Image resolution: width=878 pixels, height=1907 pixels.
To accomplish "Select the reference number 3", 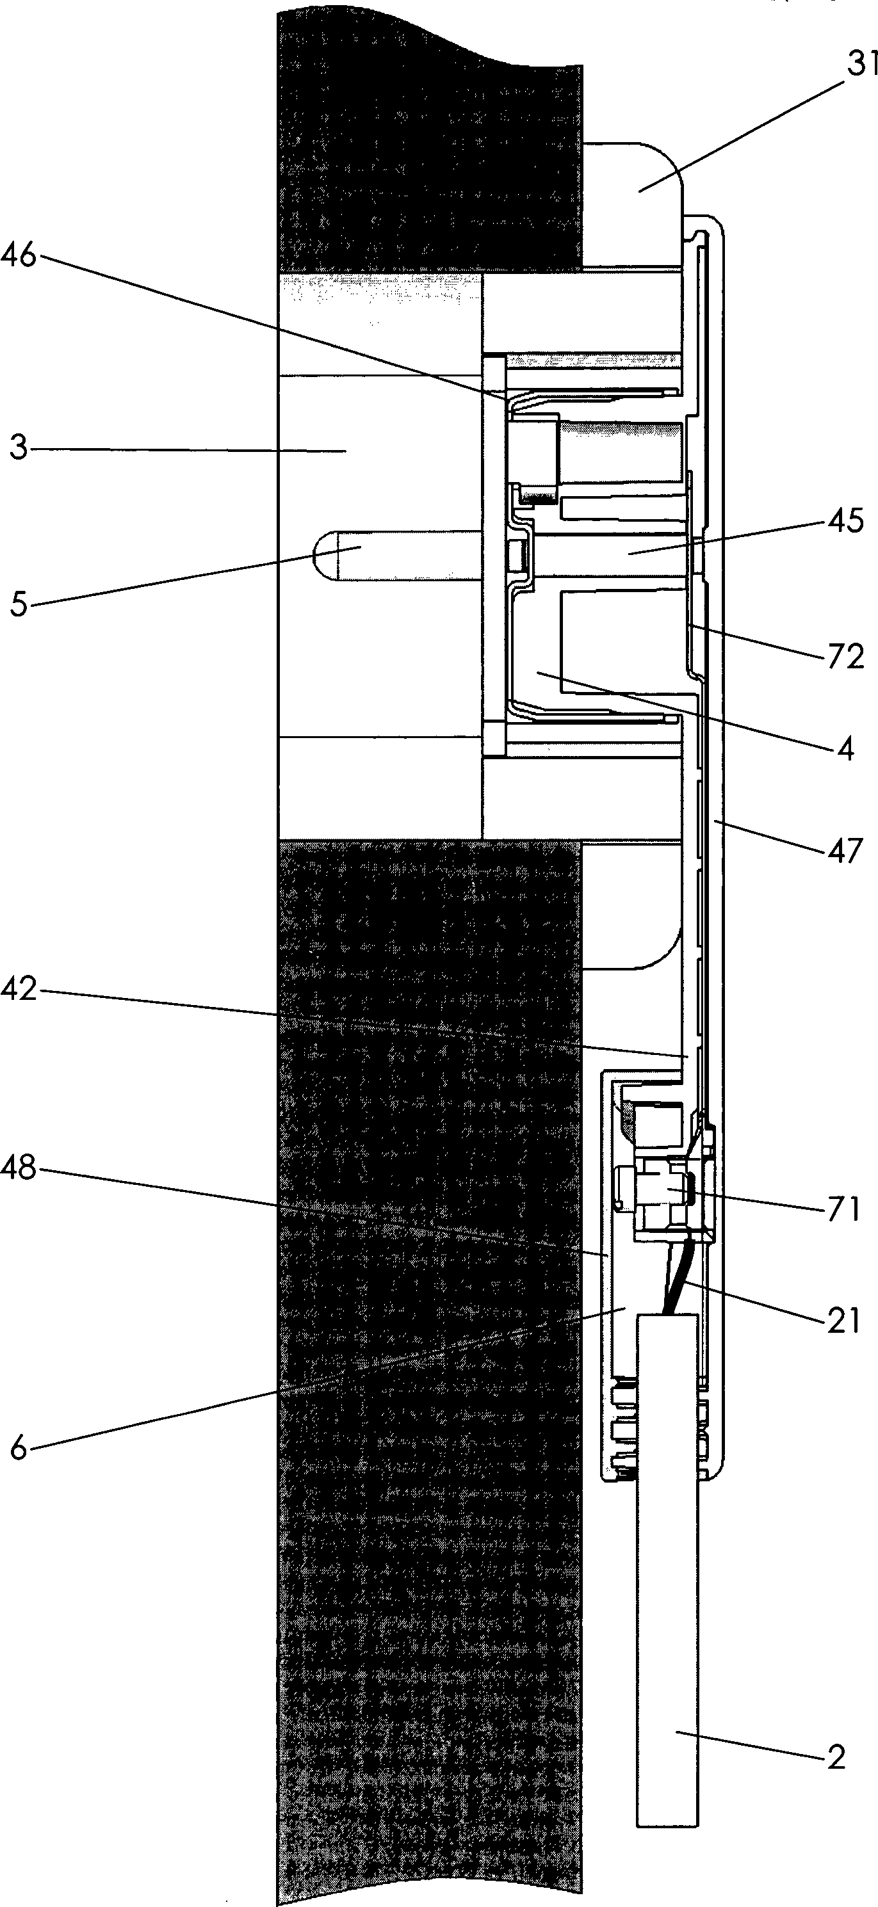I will pyautogui.click(x=19, y=449).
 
